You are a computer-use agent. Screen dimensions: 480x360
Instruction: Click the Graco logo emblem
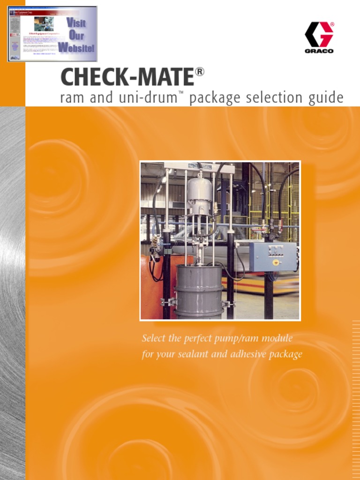point(319,34)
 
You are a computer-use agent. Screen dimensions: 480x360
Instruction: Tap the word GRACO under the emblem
point(319,51)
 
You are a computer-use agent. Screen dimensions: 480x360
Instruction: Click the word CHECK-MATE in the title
point(127,77)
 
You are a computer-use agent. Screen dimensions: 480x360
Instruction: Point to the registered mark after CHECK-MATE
point(200,72)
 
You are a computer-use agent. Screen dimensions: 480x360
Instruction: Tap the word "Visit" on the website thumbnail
point(75,22)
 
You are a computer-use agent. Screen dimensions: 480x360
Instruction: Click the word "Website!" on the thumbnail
point(76,48)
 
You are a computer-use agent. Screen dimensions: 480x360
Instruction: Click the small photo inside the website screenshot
point(44,24)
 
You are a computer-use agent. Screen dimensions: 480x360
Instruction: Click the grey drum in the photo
point(199,291)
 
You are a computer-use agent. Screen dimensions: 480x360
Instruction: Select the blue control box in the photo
point(273,256)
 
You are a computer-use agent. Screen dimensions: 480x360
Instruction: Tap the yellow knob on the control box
point(276,262)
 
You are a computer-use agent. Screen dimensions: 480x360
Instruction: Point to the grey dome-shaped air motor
point(199,190)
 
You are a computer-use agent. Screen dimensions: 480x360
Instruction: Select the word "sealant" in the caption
point(193,354)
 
